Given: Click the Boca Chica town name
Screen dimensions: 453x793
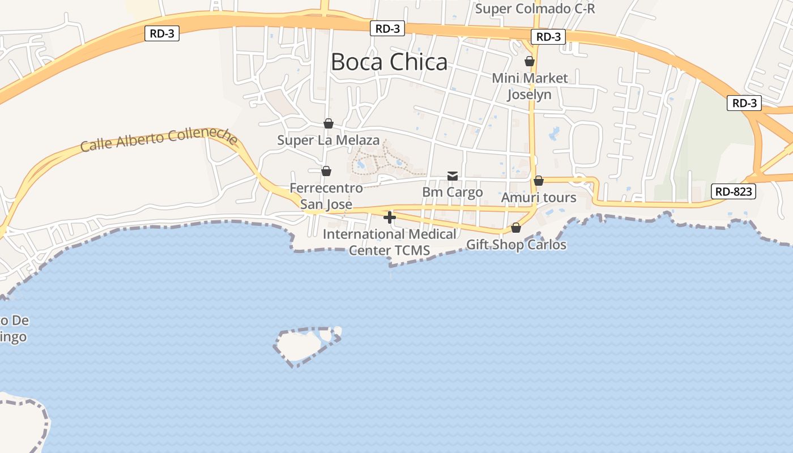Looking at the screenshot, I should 389,62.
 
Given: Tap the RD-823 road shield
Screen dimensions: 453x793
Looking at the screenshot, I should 734,191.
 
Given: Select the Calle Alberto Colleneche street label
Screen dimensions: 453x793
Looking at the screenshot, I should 159,139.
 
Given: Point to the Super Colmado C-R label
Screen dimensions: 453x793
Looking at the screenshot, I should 535,8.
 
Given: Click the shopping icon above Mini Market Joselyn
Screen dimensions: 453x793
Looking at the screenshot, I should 530,61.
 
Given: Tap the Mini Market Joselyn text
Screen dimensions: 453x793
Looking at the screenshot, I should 530,86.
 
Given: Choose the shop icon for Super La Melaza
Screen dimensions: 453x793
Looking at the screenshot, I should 329,123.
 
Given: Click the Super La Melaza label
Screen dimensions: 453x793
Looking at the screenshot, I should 329,140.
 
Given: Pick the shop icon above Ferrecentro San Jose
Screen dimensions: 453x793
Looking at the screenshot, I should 326,171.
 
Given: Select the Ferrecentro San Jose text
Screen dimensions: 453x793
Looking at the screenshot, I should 326,196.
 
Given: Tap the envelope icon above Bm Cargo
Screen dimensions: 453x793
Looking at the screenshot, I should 453,176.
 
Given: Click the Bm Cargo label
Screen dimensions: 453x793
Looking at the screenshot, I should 453,192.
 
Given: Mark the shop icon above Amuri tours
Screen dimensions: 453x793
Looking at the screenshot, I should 539,181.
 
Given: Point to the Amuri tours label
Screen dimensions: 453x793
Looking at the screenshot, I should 539,198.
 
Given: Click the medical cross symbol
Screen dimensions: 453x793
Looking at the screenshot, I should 390,217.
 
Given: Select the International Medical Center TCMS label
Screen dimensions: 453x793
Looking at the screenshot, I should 390,242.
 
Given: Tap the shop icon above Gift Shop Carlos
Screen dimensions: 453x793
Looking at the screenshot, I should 516,228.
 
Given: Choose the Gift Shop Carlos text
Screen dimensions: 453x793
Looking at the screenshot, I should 516,245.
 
